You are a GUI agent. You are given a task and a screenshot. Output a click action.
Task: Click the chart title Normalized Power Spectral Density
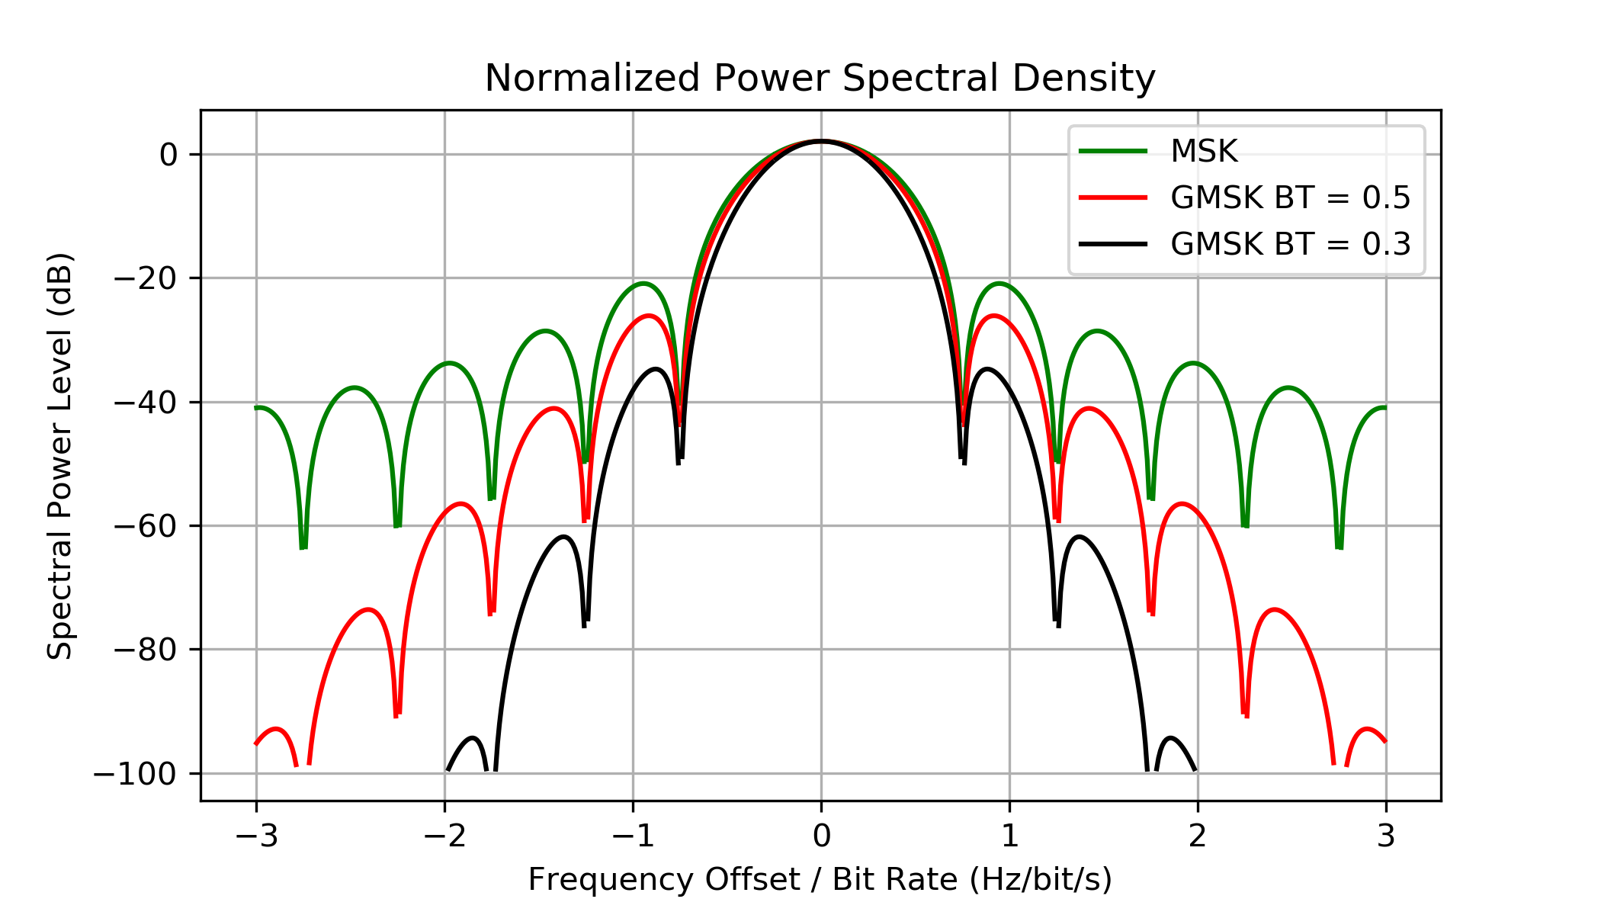point(820,79)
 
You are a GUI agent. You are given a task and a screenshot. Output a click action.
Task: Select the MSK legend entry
point(1204,152)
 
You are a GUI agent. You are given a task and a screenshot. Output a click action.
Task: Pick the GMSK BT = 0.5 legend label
point(1290,198)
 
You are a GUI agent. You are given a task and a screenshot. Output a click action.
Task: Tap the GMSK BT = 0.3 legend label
point(1290,245)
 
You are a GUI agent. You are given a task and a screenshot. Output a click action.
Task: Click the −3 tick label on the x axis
point(256,837)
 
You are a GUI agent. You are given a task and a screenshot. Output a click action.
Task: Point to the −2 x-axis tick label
point(444,837)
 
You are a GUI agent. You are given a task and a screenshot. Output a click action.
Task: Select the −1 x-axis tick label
point(633,837)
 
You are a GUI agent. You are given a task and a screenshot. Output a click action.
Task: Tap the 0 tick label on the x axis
point(821,837)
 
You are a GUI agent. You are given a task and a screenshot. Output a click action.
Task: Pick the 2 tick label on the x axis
point(1198,837)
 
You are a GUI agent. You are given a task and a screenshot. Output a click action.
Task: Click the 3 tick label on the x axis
point(1386,837)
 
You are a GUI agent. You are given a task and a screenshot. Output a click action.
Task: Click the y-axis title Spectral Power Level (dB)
point(60,456)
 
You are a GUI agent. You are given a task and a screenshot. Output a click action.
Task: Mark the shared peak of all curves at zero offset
point(821,141)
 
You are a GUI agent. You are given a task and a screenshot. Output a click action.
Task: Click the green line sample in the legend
point(1113,152)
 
